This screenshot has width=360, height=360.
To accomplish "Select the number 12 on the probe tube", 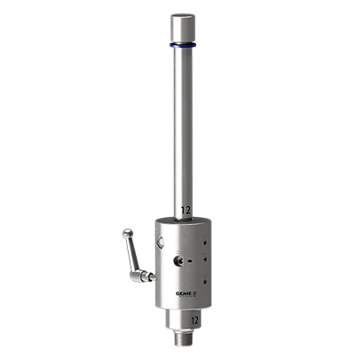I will pyautogui.click(x=185, y=210).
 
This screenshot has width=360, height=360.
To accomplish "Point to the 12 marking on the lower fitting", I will pyautogui.click(x=193, y=319).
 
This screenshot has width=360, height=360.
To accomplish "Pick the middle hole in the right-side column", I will pyautogui.click(x=206, y=261).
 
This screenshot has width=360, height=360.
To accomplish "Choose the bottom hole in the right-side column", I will pyautogui.click(x=206, y=281).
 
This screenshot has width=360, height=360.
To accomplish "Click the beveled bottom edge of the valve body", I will pyautogui.click(x=185, y=300).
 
